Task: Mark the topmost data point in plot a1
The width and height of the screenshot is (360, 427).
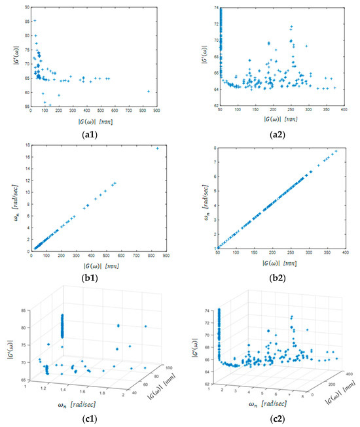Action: [x=35, y=20]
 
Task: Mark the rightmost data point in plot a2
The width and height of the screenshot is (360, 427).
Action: [x=334, y=88]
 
